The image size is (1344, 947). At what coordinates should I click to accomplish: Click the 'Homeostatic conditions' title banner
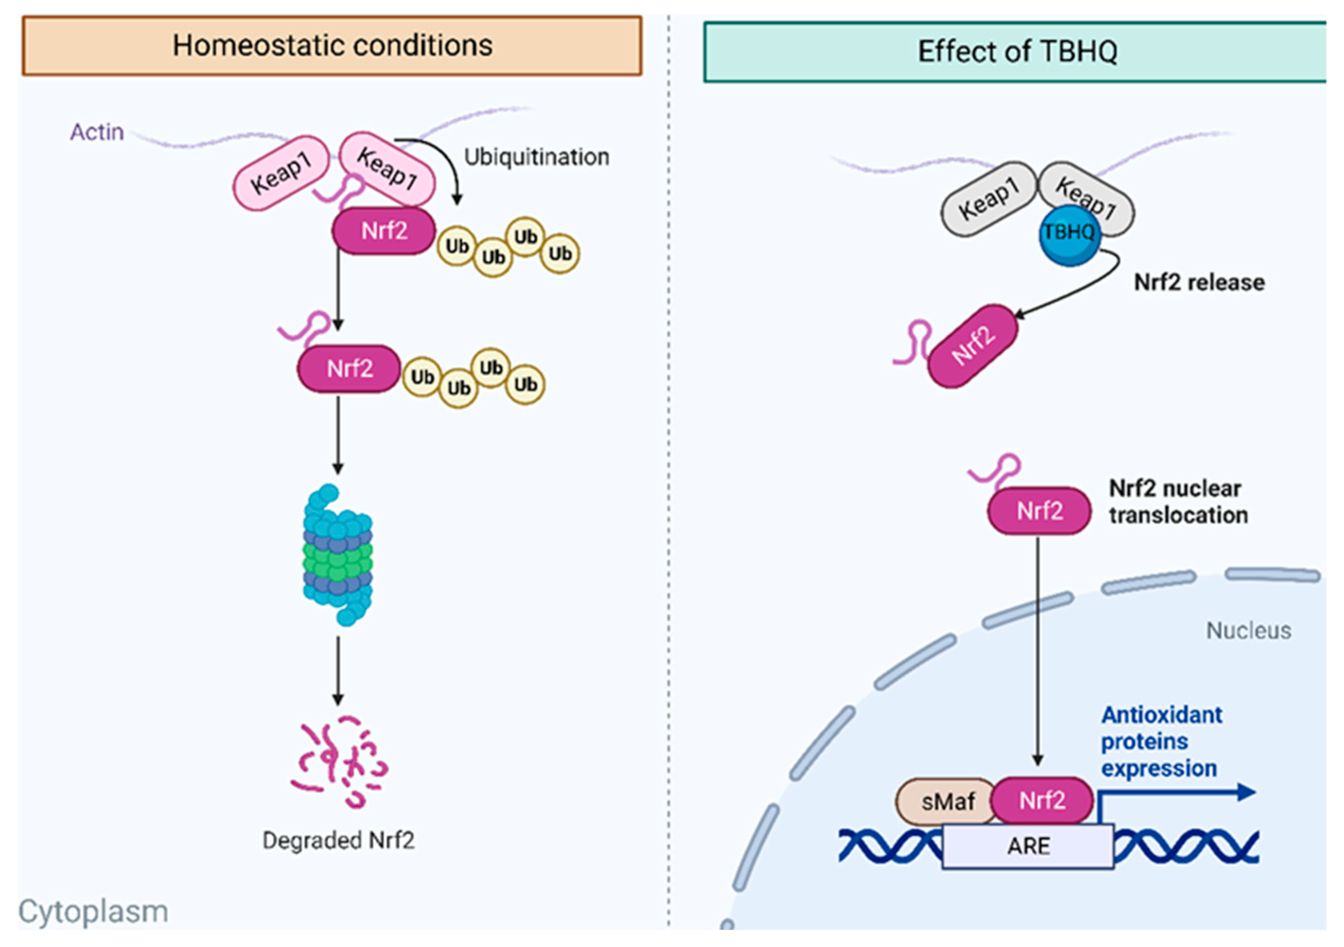332,45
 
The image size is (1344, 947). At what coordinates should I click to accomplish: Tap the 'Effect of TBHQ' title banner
1015,51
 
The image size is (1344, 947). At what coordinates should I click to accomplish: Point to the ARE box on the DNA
1028,846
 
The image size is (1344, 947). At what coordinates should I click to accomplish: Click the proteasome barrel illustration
338,554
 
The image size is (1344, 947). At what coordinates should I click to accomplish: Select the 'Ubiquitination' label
537,157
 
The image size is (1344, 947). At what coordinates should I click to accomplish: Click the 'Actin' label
97,132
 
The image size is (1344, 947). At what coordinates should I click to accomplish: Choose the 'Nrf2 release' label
1199,283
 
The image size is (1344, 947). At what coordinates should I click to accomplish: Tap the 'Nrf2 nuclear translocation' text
1178,502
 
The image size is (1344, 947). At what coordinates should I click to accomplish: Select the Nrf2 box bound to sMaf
1041,800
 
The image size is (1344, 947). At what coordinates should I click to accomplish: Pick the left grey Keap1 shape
989,199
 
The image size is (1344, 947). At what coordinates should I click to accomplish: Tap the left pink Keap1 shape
281,173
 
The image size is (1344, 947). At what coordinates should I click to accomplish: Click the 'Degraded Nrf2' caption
338,841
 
